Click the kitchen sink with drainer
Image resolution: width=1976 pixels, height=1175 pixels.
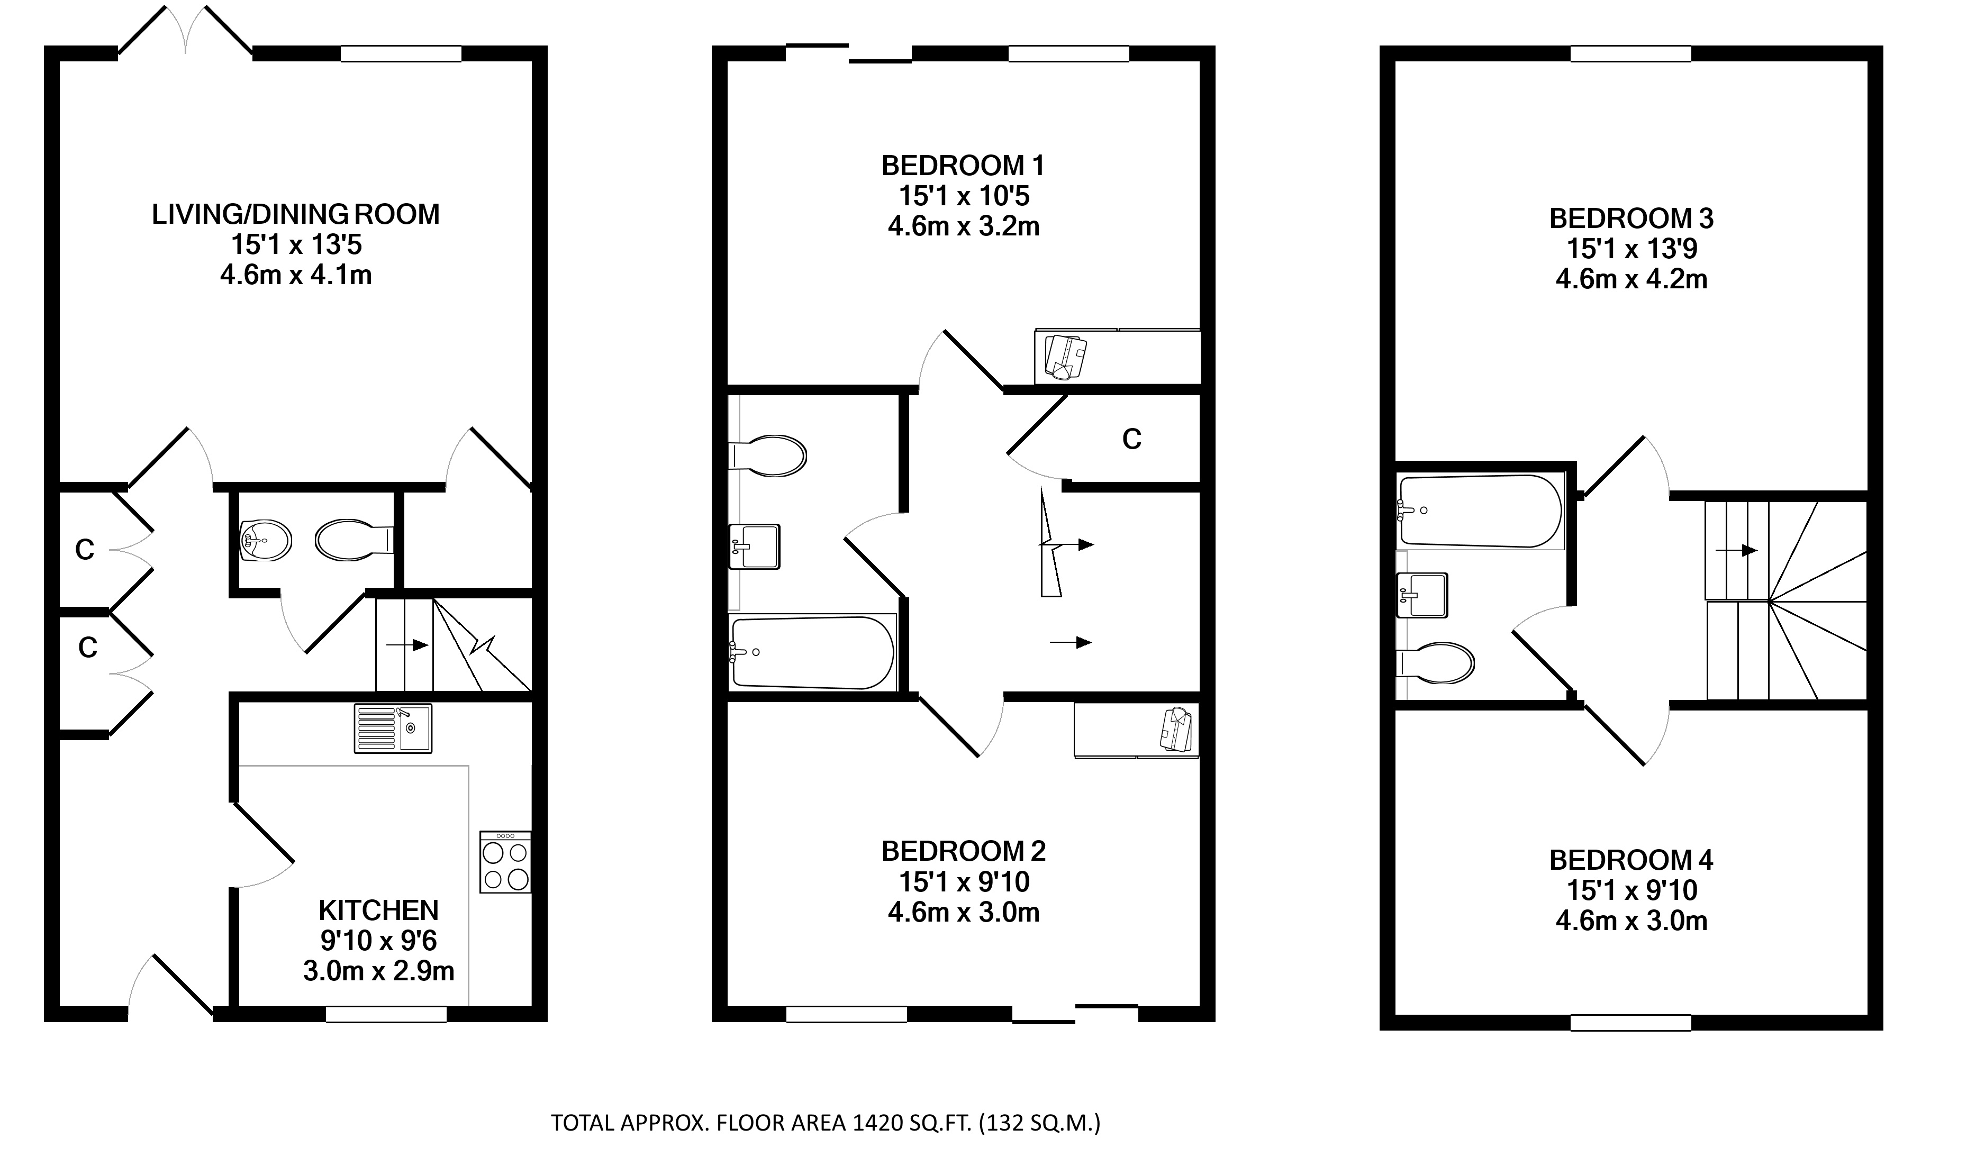393,728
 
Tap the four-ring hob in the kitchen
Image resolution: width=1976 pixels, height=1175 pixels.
505,862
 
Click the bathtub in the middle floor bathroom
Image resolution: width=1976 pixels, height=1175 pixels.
813,652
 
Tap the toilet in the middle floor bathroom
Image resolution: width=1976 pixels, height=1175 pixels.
767,456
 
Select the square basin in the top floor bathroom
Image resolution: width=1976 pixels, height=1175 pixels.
1422,595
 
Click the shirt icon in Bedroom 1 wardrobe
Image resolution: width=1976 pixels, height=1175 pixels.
1066,358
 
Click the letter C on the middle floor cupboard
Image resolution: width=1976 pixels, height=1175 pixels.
1132,439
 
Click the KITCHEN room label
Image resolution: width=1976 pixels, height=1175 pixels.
378,910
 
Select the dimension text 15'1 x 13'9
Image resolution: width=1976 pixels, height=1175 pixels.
1631,249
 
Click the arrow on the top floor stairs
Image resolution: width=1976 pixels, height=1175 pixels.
1737,550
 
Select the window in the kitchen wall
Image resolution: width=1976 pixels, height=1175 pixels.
386,1014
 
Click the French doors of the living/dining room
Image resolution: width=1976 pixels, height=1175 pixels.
185,32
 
